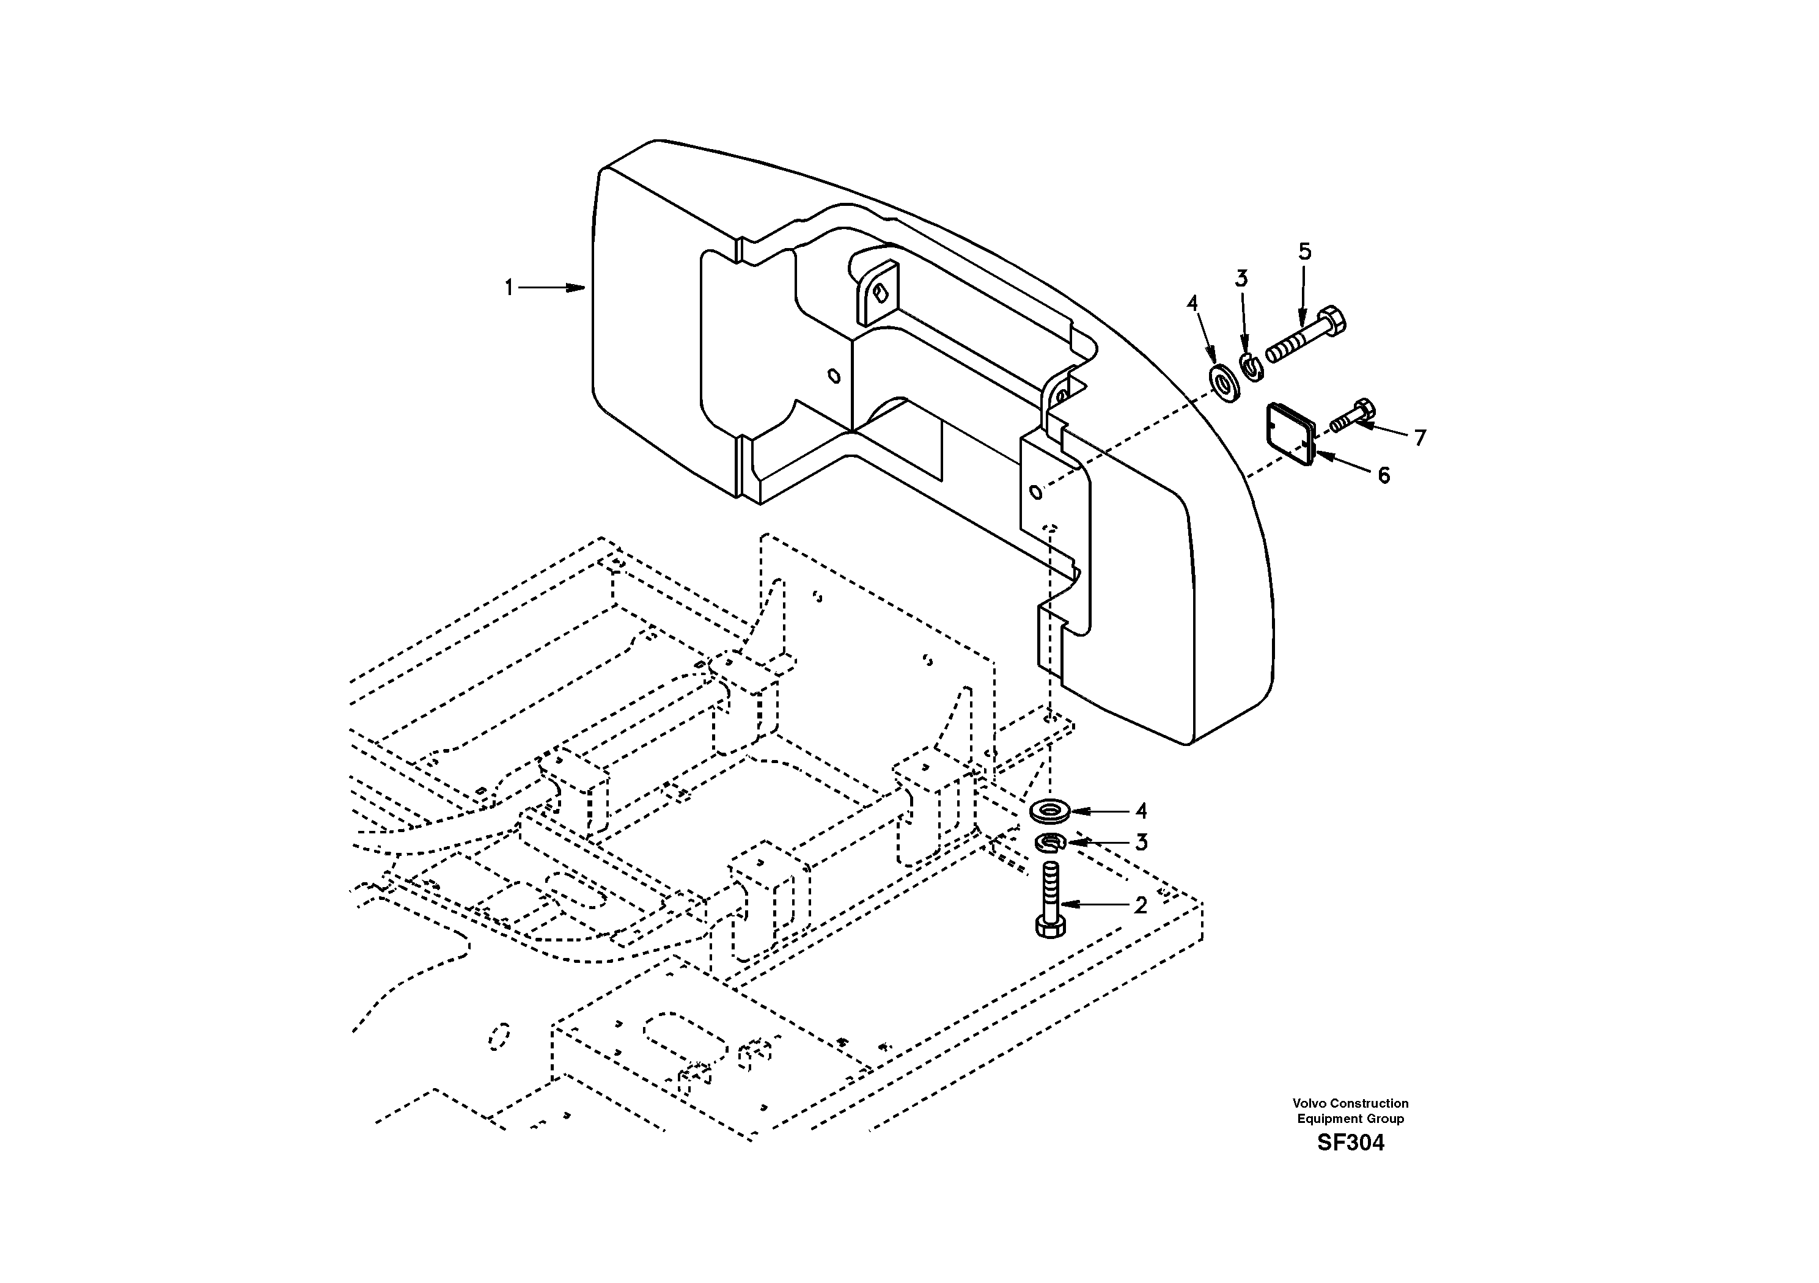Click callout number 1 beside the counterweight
click(x=509, y=288)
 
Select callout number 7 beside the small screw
click(x=1420, y=437)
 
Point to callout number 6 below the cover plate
click(x=1383, y=475)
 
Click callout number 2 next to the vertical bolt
click(x=1140, y=905)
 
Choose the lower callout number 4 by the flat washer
click(x=1141, y=811)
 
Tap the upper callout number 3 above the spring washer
click(x=1241, y=279)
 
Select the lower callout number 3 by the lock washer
click(x=1141, y=843)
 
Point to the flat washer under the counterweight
click(x=1049, y=811)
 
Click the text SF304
click(x=1350, y=1143)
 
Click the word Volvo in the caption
click(x=1309, y=1103)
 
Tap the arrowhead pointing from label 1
click(x=578, y=288)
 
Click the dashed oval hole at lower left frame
click(x=499, y=1035)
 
